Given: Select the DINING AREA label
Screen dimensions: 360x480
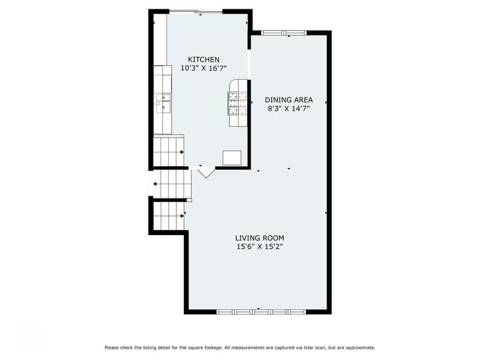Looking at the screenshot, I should (x=288, y=100).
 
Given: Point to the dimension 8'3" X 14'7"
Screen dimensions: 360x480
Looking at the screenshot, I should (x=288, y=109).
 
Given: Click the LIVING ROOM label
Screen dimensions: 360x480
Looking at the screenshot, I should (x=259, y=237).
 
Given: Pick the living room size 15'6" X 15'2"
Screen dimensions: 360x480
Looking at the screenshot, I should (x=259, y=246).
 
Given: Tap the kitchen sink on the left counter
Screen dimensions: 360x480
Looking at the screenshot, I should (x=162, y=102).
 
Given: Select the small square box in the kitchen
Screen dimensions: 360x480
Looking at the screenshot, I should (x=232, y=157).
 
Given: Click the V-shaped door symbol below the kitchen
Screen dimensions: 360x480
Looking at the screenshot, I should (x=206, y=171).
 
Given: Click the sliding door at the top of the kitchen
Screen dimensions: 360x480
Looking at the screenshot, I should (x=195, y=11).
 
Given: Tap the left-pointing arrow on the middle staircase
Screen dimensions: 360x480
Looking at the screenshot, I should (x=155, y=184).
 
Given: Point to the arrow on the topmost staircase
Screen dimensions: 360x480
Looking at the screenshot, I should (x=182, y=152).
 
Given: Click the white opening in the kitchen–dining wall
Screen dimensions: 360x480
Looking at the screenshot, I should (x=249, y=64).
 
